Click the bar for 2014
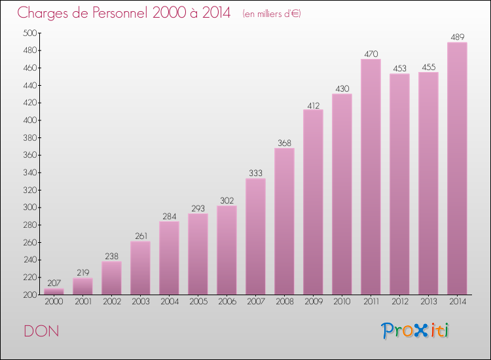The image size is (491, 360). coord(457,169)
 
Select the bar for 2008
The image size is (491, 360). coord(284,221)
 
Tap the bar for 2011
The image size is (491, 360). coord(371,177)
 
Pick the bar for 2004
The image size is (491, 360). coord(169,258)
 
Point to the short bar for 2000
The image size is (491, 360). coord(54,291)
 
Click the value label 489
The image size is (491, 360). coord(457,37)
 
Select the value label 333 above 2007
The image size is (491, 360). coord(255,173)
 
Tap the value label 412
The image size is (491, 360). coord(313,104)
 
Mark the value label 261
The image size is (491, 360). coord(140,236)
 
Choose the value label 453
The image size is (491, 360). coord(399,68)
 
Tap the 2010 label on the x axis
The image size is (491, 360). coord(342,302)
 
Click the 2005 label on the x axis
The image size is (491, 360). coord(198,302)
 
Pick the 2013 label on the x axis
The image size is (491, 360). coord(428,302)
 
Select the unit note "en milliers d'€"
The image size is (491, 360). coord(271,14)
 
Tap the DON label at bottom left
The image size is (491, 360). coord(41,331)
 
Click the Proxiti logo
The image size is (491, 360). coord(416,331)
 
